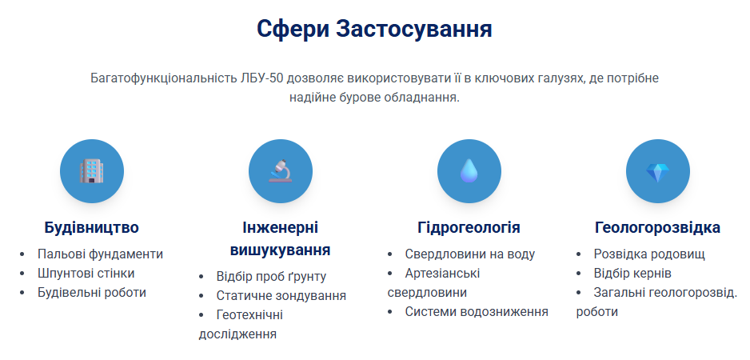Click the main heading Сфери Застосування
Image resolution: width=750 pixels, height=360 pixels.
pos(374,29)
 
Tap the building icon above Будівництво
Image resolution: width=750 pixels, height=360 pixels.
pos(92,171)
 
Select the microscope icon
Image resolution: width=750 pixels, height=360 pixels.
pos(281,171)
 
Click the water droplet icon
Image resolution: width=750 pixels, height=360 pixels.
pos(469,171)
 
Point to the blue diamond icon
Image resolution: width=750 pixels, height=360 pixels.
pos(658,172)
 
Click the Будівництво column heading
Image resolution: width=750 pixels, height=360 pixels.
pos(92,227)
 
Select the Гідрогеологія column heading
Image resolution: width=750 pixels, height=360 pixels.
pos(469,227)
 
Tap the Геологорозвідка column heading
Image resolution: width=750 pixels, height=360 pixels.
pos(658,227)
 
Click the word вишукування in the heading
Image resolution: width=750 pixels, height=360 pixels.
pos(281,250)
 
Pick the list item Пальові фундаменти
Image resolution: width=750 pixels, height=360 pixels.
pos(100,254)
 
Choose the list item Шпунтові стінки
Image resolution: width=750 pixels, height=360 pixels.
pos(86,274)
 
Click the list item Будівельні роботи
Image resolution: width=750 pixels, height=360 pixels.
pos(92,293)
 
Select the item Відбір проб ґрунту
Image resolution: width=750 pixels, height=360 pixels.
pos(271,276)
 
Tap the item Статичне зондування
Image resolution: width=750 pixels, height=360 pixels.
pos(281,296)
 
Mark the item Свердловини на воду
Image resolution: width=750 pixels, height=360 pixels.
pos(469,254)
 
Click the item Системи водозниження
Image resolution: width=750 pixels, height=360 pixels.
pos(477,312)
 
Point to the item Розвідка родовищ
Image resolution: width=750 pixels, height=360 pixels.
pos(649,254)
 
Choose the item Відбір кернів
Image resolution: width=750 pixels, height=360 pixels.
pos(632,274)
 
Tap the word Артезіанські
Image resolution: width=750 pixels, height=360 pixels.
pos(442,274)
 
